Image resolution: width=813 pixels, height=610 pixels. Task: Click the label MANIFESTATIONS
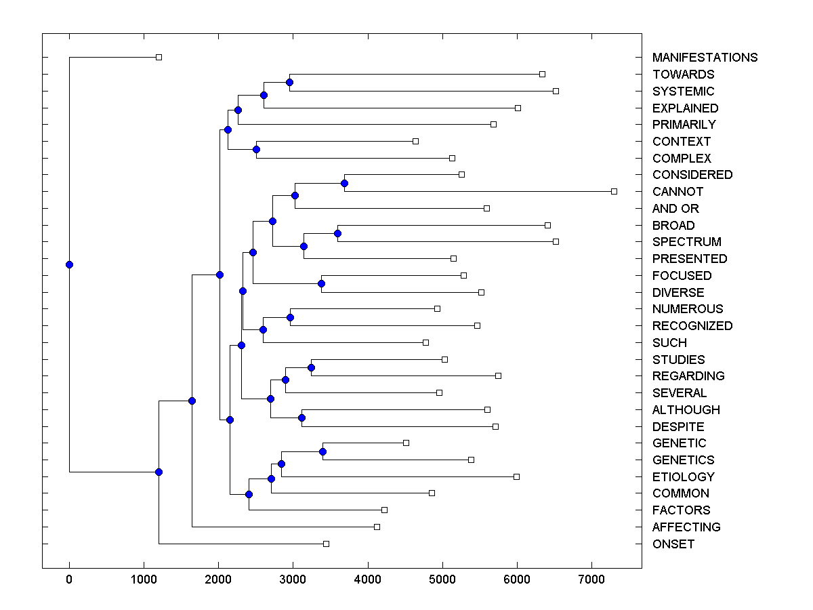(705, 58)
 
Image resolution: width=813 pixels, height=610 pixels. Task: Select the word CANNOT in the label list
(677, 192)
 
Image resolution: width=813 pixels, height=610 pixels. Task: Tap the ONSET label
(673, 544)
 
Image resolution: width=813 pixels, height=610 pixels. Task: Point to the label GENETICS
(683, 460)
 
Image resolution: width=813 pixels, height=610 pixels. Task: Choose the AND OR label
(675, 209)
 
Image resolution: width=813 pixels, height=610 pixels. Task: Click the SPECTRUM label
(686, 242)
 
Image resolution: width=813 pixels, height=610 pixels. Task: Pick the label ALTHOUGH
(686, 410)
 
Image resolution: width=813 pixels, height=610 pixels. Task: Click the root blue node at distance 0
(69, 264)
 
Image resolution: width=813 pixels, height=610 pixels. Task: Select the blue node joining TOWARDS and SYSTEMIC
(289, 82)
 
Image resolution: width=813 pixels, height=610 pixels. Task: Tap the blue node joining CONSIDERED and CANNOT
(344, 183)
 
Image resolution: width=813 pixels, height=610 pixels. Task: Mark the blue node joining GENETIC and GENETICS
(322, 451)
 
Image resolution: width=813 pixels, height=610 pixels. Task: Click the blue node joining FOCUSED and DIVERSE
(321, 283)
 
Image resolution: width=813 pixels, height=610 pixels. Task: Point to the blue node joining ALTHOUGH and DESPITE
(301, 418)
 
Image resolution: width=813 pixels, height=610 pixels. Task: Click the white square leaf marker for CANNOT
(614, 191)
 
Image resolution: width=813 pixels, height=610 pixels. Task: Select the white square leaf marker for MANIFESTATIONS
(159, 57)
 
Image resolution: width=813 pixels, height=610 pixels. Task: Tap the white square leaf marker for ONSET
(326, 544)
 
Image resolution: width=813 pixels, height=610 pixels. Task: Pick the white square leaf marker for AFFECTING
(377, 527)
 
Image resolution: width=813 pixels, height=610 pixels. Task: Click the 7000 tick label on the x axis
(591, 579)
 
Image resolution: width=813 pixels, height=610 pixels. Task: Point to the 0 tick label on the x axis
(69, 579)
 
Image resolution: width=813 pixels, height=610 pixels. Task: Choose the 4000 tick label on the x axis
(368, 579)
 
